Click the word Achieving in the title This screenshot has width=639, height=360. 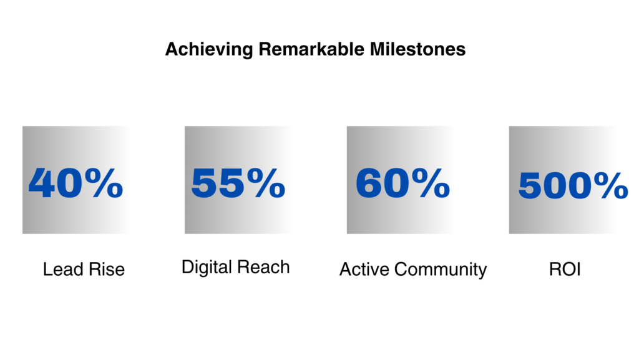[209, 50]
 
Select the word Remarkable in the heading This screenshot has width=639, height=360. [311, 49]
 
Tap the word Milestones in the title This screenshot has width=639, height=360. [417, 49]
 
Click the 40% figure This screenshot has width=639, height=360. [76, 183]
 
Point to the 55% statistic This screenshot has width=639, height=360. [238, 183]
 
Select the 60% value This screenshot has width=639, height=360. [402, 183]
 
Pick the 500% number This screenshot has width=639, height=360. [573, 185]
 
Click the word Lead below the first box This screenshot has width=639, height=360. [63, 269]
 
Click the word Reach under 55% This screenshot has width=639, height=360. [263, 267]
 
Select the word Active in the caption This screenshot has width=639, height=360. [364, 269]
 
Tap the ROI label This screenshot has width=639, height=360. [565, 269]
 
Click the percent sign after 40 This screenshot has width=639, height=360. [104, 183]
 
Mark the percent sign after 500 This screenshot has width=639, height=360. [610, 185]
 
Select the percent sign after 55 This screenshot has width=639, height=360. [266, 183]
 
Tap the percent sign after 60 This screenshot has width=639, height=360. [431, 183]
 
